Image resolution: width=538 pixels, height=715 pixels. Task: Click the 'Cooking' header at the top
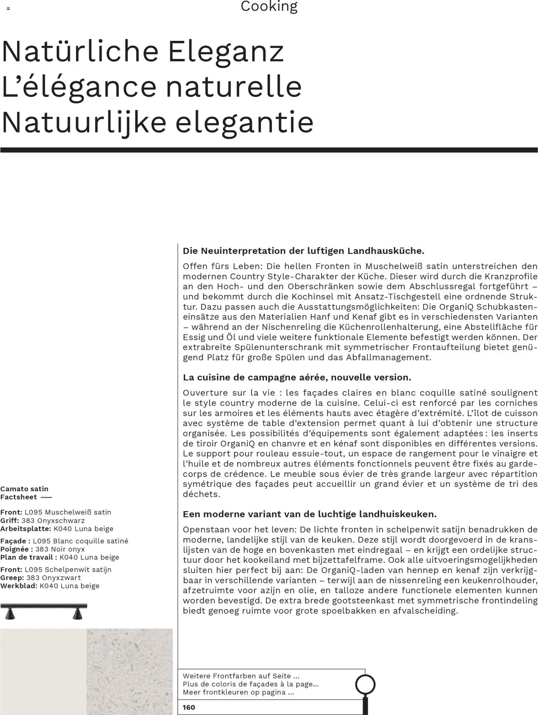point(269,6)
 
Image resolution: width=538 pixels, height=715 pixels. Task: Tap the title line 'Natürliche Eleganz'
point(143,52)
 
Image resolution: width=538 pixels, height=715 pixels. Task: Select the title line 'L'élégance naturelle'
point(152,87)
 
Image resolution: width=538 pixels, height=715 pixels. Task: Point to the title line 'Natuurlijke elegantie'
point(158,122)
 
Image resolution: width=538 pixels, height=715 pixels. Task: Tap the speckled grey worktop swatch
point(129,671)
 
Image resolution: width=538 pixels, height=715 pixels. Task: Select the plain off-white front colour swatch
point(43,671)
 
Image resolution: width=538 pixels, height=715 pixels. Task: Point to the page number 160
point(189,707)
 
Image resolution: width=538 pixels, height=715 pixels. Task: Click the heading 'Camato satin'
point(24,489)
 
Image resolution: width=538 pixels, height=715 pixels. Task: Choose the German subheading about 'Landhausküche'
point(303,251)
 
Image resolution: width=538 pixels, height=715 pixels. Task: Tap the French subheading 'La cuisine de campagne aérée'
point(297,377)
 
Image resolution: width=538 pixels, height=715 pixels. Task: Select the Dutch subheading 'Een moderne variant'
point(310,514)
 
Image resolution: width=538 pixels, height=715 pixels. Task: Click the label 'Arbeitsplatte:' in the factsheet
point(26,529)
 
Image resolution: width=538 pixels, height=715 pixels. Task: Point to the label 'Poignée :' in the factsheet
point(17,549)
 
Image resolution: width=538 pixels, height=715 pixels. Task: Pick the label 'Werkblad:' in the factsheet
point(19,586)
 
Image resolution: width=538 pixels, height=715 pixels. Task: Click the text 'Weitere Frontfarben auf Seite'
point(241,676)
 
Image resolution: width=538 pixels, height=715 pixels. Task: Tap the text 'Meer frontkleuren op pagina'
point(238,692)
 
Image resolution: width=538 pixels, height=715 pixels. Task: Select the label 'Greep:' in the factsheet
point(12,578)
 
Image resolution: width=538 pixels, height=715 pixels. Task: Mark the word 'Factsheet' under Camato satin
point(18,497)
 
